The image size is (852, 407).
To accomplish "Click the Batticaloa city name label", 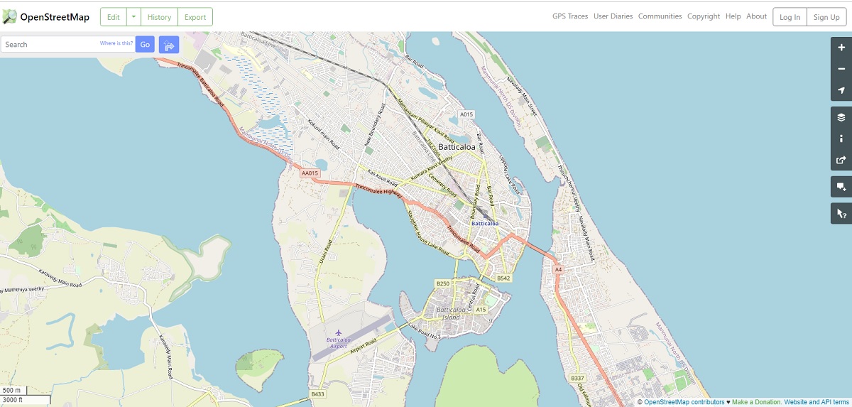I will point(455,147).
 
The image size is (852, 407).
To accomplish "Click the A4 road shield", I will point(558,270).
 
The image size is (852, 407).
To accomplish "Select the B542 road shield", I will point(504,278).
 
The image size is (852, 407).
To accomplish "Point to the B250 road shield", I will point(443,283).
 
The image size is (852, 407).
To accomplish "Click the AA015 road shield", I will point(310,173).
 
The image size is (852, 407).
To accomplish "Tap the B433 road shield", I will point(317,394).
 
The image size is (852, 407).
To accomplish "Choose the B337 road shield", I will point(577,378).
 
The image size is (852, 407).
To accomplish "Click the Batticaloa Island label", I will point(452,313).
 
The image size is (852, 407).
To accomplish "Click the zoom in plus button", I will point(841,48).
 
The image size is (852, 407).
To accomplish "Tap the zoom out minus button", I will point(841,69).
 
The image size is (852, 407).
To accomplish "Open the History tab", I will point(159,17).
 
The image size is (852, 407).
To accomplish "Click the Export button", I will point(195,17).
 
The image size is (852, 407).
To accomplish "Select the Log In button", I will point(790,17).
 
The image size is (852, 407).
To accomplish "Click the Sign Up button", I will point(826,17).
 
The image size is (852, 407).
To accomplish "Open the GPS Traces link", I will point(570,16).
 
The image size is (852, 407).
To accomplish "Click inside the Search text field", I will point(50,45).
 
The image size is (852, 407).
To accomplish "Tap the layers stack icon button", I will point(841,117).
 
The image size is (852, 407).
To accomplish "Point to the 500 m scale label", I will point(11,391).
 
